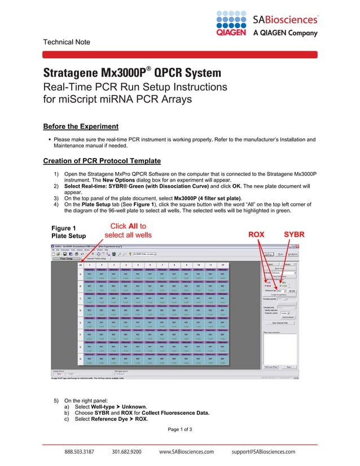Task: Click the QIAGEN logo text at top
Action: (x=231, y=33)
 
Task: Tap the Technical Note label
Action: (x=67, y=42)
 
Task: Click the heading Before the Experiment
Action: (x=81, y=126)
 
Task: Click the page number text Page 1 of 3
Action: (x=180, y=430)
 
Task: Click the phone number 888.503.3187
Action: (x=78, y=452)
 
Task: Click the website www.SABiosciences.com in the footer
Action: (x=186, y=452)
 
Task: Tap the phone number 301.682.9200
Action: (x=126, y=452)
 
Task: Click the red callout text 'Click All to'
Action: (x=128, y=226)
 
